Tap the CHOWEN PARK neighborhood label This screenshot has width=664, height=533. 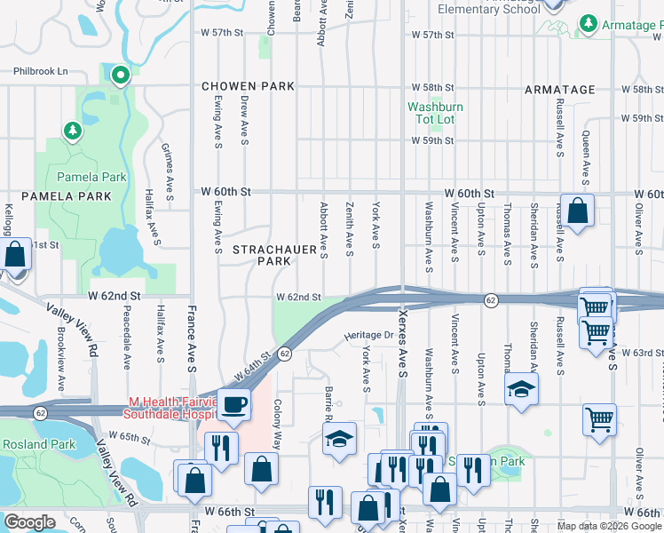248,87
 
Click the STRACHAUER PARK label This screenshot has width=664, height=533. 274,256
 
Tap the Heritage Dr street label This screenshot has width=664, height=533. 368,335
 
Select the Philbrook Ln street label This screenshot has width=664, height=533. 40,71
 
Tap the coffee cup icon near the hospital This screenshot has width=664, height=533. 234,405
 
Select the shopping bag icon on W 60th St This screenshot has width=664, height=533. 577,211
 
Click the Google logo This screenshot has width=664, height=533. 29,522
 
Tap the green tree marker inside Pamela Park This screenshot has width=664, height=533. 73,131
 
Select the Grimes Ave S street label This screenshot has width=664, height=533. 166,171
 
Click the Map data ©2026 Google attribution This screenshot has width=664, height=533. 609,526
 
